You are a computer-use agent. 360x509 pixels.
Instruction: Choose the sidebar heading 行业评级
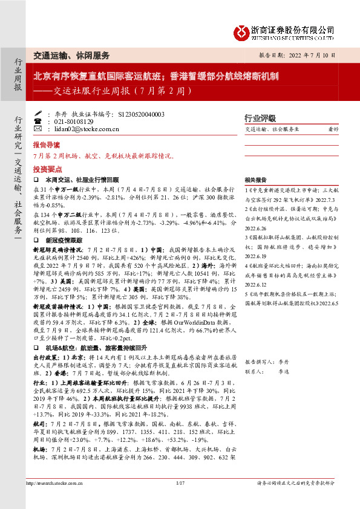pos(260,118)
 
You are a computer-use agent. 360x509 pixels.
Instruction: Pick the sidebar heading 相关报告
pos(256,180)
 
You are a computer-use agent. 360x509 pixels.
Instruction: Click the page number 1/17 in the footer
pos(180,500)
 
